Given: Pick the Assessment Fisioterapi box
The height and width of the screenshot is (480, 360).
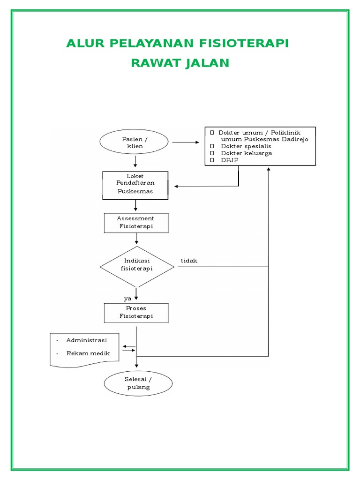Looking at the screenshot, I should pyautogui.click(x=135, y=223).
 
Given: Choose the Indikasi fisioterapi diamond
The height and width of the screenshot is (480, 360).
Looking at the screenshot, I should pyautogui.click(x=137, y=266).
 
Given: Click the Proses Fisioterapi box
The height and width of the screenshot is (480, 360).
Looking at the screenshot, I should pyautogui.click(x=136, y=313).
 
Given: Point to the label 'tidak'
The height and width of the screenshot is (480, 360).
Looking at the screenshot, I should pyautogui.click(x=189, y=261).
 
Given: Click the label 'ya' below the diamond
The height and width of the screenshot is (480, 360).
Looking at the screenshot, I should pyautogui.click(x=127, y=298).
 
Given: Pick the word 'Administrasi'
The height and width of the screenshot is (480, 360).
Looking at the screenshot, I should pyautogui.click(x=87, y=340).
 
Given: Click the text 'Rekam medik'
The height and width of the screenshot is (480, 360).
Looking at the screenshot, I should pyautogui.click(x=88, y=353).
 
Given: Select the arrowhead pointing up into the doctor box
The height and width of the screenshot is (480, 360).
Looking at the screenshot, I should pyautogui.click(x=269, y=169).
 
